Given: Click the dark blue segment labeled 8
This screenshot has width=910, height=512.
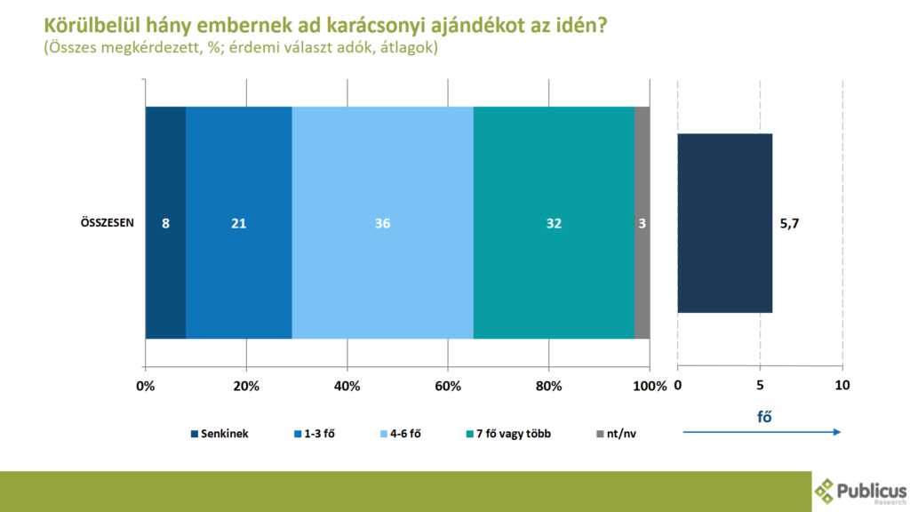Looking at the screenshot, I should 165,222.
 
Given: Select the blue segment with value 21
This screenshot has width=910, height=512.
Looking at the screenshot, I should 238,222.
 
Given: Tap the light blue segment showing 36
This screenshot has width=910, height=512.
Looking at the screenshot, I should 382,222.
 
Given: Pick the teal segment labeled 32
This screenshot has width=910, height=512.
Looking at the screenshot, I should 554,222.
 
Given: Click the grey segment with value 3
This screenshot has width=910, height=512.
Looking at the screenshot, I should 642,222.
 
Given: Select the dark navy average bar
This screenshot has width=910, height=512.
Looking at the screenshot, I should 724,222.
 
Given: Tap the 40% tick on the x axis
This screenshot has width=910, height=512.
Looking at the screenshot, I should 347,386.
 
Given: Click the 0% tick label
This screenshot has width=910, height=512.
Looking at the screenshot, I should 145,386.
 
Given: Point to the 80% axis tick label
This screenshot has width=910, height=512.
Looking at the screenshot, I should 549,386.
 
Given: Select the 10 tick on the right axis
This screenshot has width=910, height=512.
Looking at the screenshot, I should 842,386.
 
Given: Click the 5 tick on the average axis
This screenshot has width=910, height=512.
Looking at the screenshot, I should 760,386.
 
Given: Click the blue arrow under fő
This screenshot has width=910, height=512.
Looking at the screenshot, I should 762,432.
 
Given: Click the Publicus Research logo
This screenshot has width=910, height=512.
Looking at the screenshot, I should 860,491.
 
